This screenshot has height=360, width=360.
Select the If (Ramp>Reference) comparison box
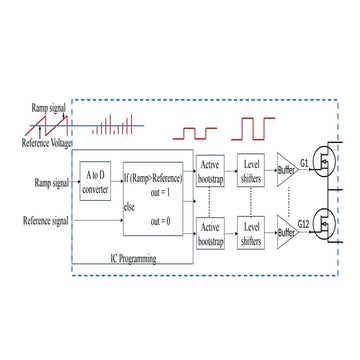tap(152, 197)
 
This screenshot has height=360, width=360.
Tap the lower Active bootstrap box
tap(210, 234)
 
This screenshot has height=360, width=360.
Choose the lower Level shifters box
tap(251, 234)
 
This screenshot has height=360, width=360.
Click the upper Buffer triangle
tap(286, 172)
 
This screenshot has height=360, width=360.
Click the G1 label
tap(305, 161)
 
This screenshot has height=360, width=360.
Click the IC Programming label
tap(133, 257)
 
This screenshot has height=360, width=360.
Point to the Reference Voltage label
tap(46, 142)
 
